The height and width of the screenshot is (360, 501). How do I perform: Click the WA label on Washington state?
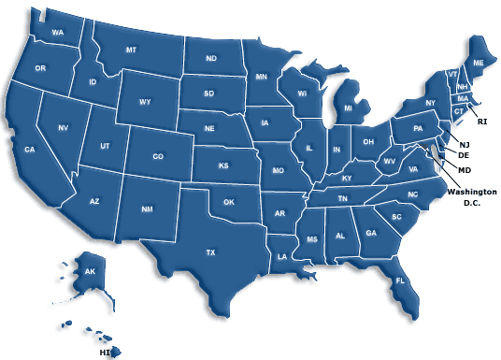pos(58,33)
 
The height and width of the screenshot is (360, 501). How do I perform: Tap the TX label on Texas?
pos(210,252)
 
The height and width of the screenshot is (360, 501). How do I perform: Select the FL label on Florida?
pos(399,281)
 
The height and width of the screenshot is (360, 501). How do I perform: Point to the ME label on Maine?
pos(479,62)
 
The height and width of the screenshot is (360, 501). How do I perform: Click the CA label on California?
pos(29,150)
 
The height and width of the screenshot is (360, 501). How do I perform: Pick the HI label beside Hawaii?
pos(105,353)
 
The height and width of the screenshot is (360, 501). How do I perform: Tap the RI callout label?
pos(482,122)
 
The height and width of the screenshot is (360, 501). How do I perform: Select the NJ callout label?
pos(465,143)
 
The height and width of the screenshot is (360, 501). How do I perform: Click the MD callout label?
pos(465,169)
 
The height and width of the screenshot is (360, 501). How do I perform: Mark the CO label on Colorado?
pos(157,156)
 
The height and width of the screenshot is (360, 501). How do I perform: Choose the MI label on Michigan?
pos(348,108)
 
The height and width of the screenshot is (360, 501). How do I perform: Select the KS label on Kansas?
pos(223,166)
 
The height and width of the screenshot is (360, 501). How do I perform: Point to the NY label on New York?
pos(431,102)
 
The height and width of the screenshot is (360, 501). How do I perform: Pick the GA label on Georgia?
pos(371,233)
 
